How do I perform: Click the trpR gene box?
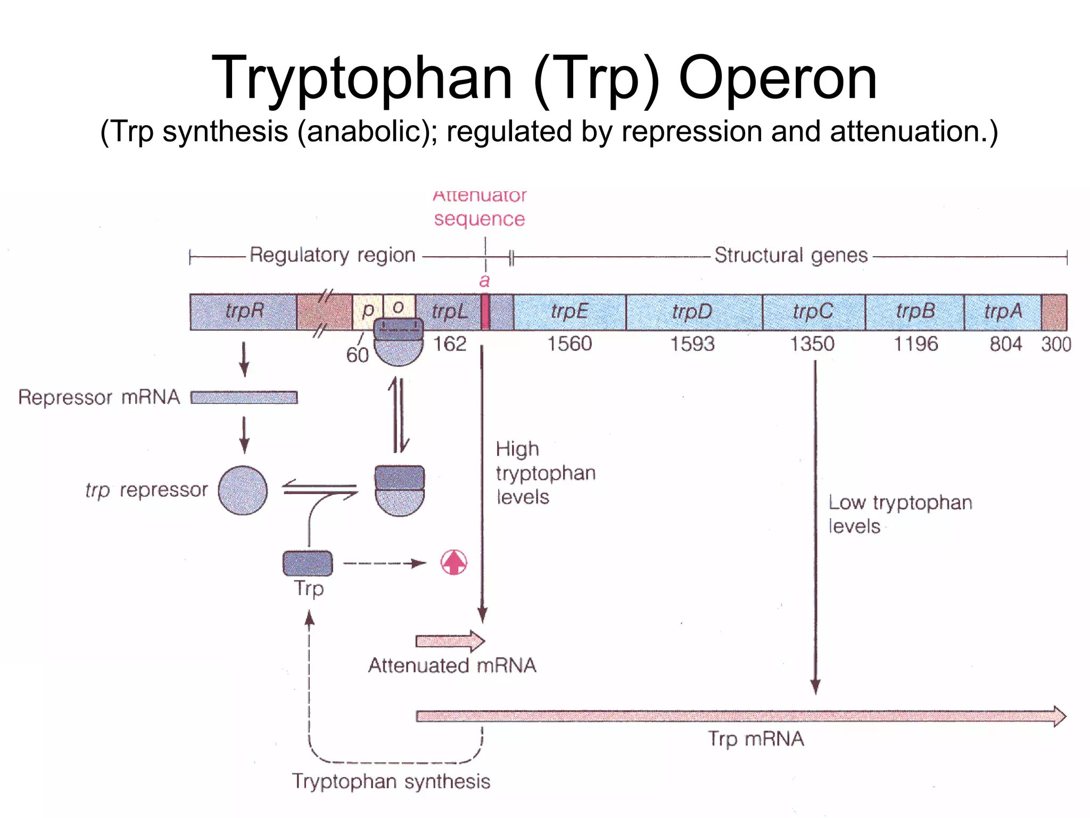coord(243,312)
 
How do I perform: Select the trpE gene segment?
coord(569,312)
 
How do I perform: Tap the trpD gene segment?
coord(693,312)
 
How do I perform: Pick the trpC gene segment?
coord(813,312)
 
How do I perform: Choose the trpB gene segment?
coord(914,312)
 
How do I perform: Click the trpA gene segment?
coord(1003,312)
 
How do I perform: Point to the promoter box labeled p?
coord(367,310)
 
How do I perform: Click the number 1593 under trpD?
coord(692,344)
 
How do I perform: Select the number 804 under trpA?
coord(1005,344)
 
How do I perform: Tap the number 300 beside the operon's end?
coord(1056,345)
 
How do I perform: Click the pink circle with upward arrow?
coord(454,562)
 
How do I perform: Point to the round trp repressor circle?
coord(243,490)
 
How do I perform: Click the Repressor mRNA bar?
coord(244,397)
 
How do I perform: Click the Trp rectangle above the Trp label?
coord(308,563)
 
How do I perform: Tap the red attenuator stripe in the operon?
coord(485,312)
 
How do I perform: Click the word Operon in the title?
coord(778,78)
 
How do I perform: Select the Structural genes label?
coord(791,255)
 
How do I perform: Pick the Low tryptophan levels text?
coord(899,514)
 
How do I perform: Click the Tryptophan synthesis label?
coord(391,781)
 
